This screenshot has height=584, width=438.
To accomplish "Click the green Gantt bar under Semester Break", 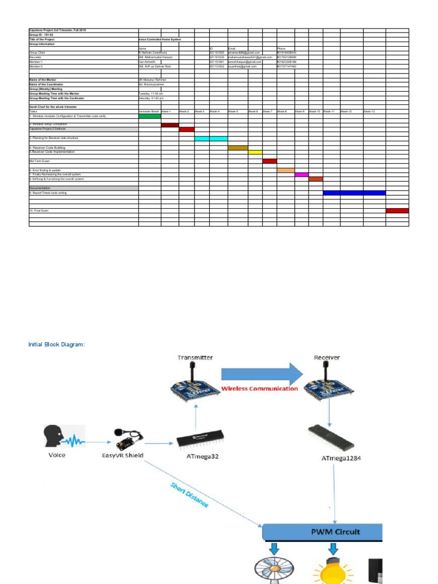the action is coord(149,116).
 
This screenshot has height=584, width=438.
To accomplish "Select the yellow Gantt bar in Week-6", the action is coord(255,152).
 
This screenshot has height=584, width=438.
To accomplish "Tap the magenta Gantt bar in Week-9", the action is coord(301,175).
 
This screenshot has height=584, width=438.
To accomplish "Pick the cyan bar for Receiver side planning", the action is coord(210,139).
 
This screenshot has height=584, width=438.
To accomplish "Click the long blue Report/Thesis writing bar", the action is coord(354,193).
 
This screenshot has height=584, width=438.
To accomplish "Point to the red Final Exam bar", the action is coord(397,210).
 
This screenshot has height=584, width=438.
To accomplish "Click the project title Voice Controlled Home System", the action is coord(155,39).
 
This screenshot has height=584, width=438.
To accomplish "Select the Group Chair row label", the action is coord(38,52).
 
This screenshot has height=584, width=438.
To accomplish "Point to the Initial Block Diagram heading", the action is coord(56,344).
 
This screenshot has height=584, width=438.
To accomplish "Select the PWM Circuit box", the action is coord(322,532).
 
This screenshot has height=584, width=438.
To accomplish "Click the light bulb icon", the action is coord(333,568).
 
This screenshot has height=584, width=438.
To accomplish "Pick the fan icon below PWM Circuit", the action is coord(274,570).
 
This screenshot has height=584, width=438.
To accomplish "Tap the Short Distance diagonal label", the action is coord(189,495).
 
